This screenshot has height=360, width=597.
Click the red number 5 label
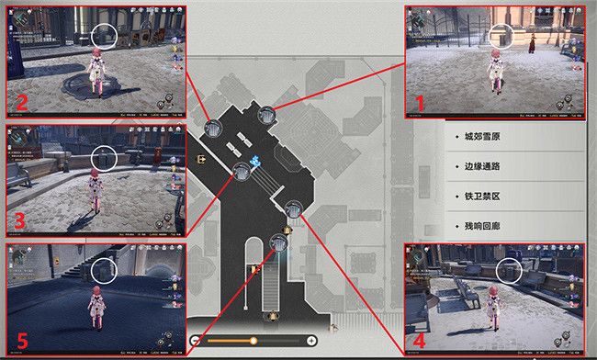tap(22, 341)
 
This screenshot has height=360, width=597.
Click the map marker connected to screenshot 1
tap(267, 115)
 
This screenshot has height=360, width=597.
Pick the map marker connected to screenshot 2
tap(214, 129)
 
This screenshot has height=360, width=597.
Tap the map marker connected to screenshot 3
tap(242, 170)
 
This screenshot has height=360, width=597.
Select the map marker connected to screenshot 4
tap(294, 208)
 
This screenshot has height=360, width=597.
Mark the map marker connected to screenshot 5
tap(280, 243)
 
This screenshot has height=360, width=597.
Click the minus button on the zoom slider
tap(196, 341)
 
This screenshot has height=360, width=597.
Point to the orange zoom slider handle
tap(253, 341)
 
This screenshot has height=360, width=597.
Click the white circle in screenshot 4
tap(509, 270)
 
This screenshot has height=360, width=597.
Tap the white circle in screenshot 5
tap(104, 271)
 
